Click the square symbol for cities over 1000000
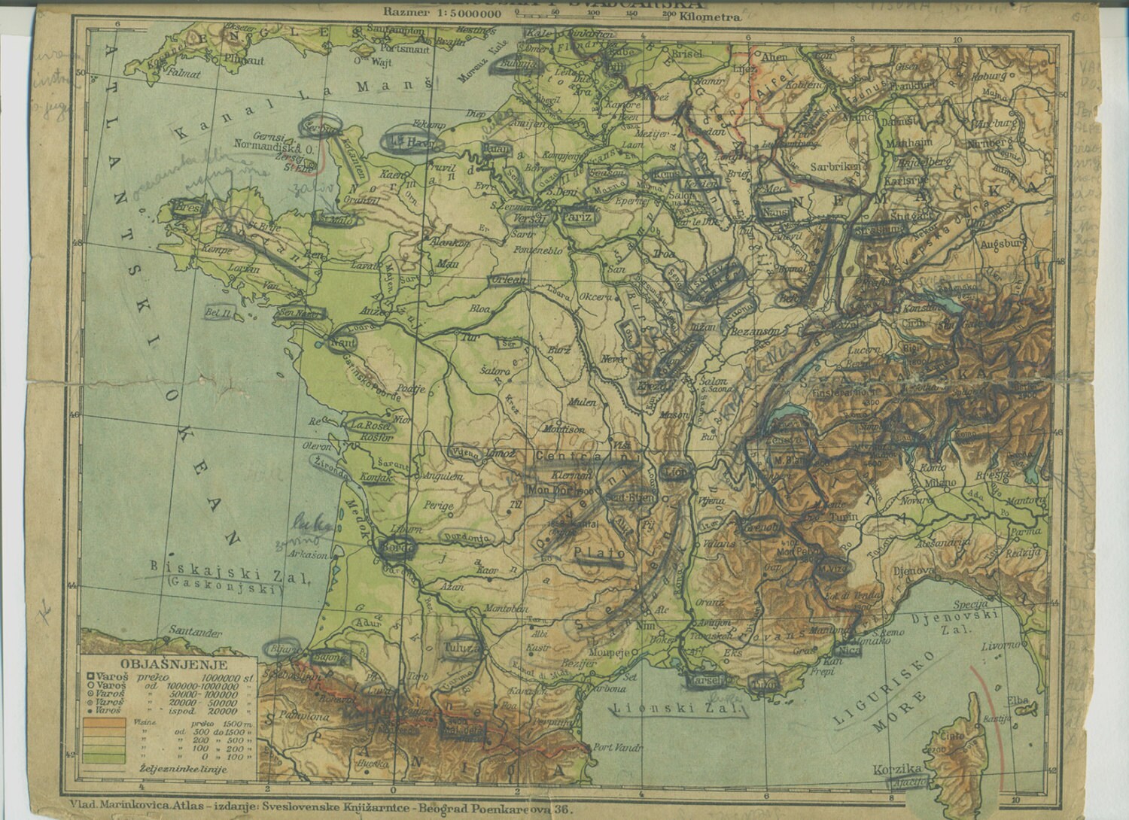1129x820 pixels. [x=90, y=679]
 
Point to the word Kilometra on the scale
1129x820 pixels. [x=711, y=14]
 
